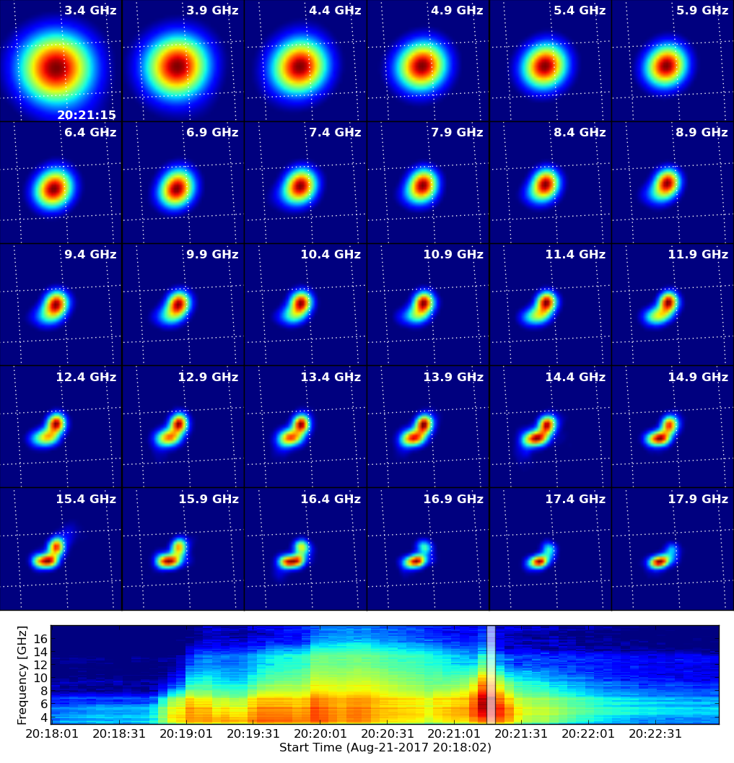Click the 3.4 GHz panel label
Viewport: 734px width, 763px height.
(90, 10)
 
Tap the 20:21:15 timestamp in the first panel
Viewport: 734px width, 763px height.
(87, 115)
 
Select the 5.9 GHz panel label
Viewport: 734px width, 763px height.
(702, 10)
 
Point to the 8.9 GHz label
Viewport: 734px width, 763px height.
(702, 132)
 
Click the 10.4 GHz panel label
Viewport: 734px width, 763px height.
(331, 255)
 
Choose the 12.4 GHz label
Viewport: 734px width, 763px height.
(86, 377)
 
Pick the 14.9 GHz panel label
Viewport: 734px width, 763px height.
(698, 377)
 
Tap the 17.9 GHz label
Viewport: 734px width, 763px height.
(698, 500)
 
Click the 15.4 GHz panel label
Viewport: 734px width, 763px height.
(86, 500)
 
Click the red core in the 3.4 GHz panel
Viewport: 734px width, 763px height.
(56, 67)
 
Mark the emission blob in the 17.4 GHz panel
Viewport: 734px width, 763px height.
(540, 559)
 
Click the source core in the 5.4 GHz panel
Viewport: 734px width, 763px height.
(545, 65)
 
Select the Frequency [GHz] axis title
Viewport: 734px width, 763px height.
(22, 675)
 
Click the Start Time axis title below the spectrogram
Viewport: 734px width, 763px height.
(385, 747)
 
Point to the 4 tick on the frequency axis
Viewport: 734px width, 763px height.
(44, 718)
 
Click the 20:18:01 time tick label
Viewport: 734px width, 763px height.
(52, 733)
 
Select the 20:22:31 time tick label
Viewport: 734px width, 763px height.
(655, 733)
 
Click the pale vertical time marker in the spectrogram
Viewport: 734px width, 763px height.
(491, 675)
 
